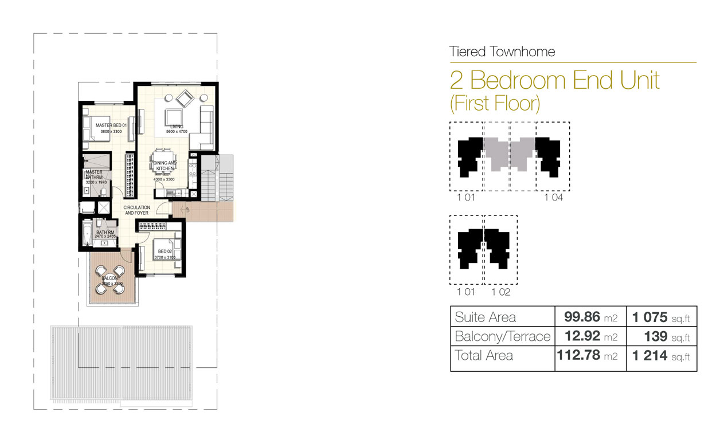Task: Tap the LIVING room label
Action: (177, 126)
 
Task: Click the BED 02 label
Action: (165, 252)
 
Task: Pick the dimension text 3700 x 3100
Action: (165, 258)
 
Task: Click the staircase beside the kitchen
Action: (220, 178)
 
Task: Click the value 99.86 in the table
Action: (581, 317)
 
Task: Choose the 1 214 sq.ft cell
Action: (661, 356)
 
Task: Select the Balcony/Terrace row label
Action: (502, 336)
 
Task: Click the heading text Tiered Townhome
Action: (502, 52)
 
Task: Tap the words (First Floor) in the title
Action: (495, 103)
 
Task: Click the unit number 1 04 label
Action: (553, 198)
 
